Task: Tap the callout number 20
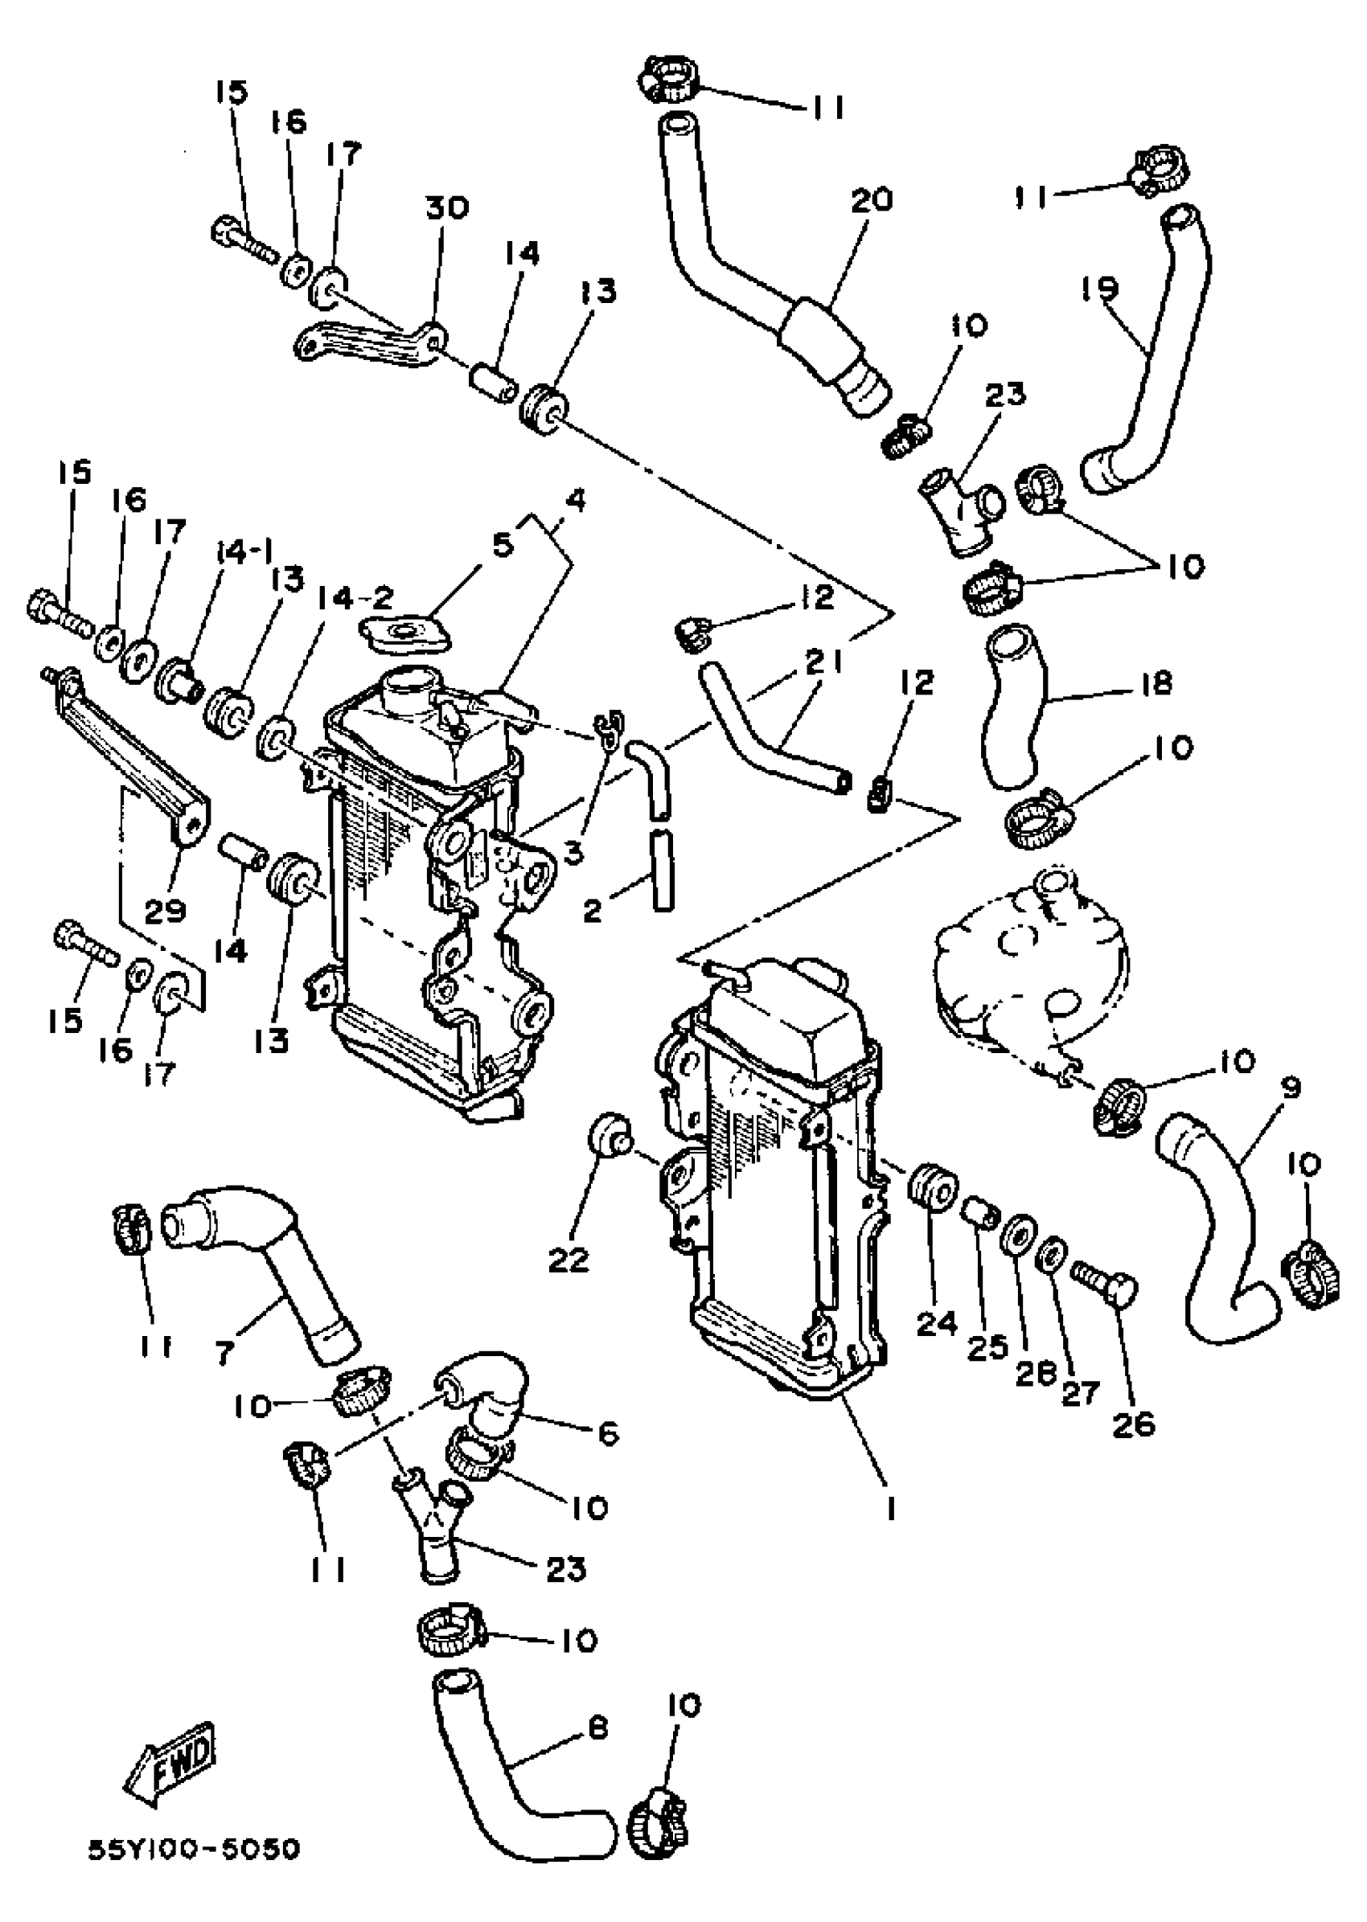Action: pyautogui.click(x=871, y=201)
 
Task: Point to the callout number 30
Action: pyautogui.click(x=446, y=207)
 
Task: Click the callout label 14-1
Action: pyautogui.click(x=245, y=554)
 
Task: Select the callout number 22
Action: pyautogui.click(x=569, y=1260)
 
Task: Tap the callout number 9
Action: pyautogui.click(x=1291, y=1090)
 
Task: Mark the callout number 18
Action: pyautogui.click(x=1159, y=683)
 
